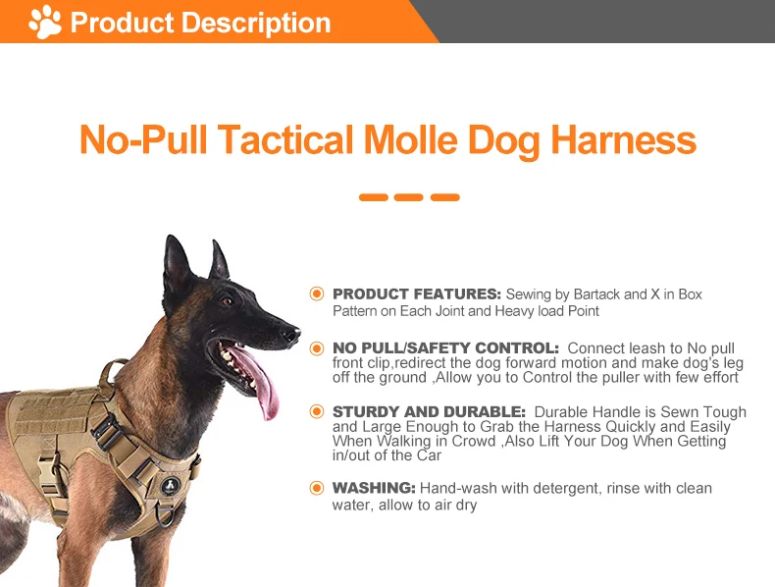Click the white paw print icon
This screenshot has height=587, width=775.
pyautogui.click(x=45, y=22)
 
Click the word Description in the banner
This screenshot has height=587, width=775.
pyautogui.click(x=256, y=23)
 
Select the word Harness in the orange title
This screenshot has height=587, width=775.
pyautogui.click(x=623, y=139)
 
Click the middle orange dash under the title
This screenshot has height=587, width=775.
pyautogui.click(x=409, y=197)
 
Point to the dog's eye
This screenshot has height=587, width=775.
pyautogui.click(x=227, y=300)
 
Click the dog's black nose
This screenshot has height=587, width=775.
pyautogui.click(x=291, y=335)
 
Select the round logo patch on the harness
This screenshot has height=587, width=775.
pyautogui.click(x=170, y=486)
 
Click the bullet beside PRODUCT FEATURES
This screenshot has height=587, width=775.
pyautogui.click(x=316, y=293)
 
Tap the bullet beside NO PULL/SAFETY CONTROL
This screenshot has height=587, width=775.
pyautogui.click(x=316, y=348)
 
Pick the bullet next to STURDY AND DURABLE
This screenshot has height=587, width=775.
pyautogui.click(x=316, y=411)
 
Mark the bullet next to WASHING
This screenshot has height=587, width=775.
pyautogui.click(x=316, y=488)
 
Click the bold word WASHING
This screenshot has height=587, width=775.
pyautogui.click(x=374, y=488)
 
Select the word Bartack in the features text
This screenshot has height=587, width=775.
pyautogui.click(x=596, y=294)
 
